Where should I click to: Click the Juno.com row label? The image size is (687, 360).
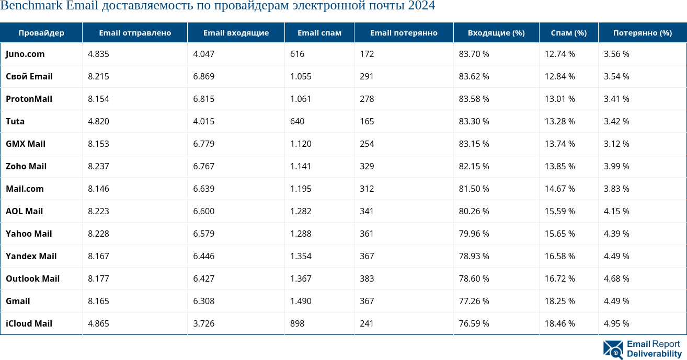[25, 54]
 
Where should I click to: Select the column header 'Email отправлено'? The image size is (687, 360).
[135, 33]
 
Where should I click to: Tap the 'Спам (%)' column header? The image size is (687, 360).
[569, 33]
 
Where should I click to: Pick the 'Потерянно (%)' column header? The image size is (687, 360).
[642, 33]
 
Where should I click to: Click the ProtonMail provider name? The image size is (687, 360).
[29, 99]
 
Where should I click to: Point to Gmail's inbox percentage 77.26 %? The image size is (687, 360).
[474, 301]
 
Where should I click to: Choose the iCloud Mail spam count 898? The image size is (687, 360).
[297, 323]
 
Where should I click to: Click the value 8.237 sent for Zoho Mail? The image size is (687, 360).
[98, 166]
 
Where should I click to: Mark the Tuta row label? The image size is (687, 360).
[15, 121]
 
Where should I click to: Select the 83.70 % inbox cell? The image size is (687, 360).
[474, 54]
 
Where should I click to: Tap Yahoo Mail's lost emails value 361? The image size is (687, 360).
[367, 234]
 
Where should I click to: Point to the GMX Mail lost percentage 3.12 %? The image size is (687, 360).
[616, 144]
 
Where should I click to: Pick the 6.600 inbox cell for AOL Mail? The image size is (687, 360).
[203, 211]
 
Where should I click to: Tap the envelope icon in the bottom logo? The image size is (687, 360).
[613, 350]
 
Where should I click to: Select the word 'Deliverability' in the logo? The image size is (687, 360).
[654, 354]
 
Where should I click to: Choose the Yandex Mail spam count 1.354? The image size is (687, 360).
[301, 256]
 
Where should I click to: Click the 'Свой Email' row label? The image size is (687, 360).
[29, 76]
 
